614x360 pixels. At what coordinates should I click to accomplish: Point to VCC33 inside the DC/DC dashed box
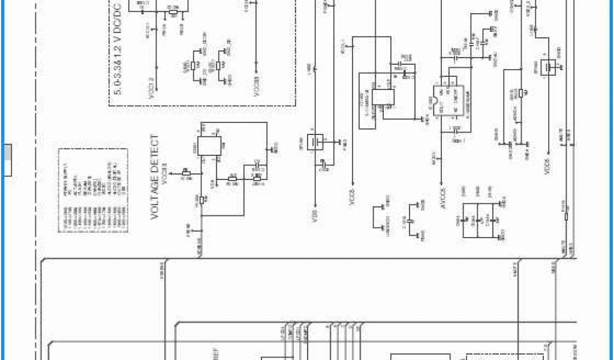tap(256, 87)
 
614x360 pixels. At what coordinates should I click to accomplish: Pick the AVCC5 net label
tap(443, 197)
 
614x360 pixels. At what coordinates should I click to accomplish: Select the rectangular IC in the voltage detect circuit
tap(210, 145)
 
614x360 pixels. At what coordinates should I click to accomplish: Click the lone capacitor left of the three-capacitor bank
tap(410, 221)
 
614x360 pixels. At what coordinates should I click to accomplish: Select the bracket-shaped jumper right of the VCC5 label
tap(382, 217)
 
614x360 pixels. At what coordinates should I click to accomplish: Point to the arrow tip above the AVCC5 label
tap(443, 182)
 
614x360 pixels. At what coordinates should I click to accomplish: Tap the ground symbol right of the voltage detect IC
tap(274, 148)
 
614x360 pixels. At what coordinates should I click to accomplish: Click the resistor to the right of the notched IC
tap(520, 92)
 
